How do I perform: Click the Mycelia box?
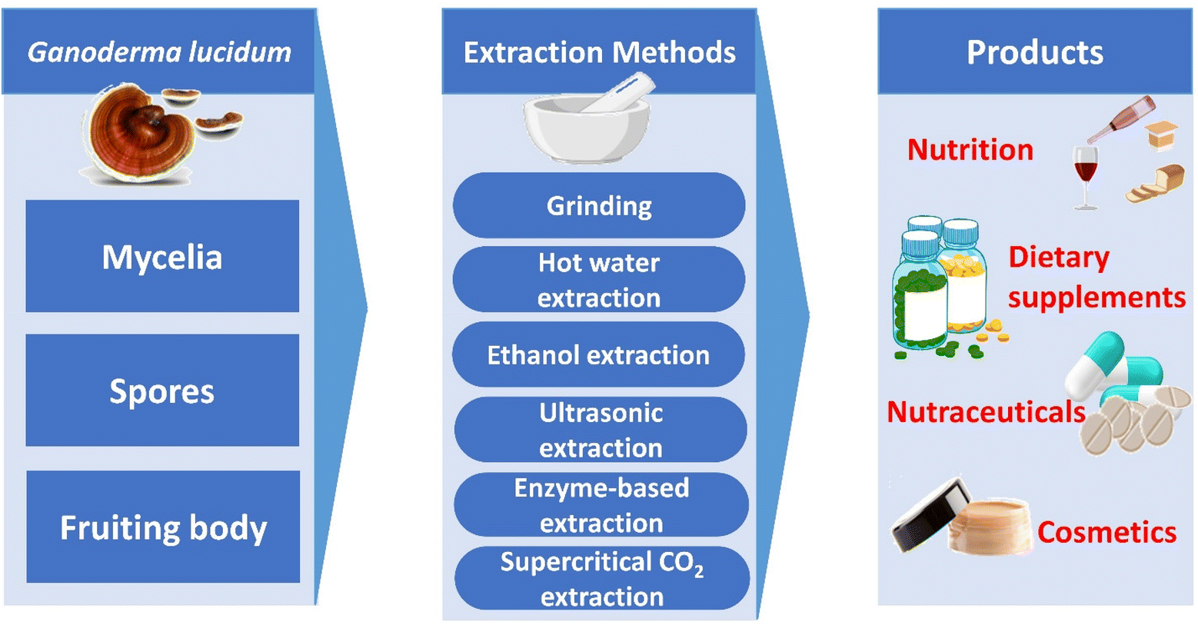pos(162,256)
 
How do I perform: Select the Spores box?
pos(162,391)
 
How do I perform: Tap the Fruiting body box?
pos(163,527)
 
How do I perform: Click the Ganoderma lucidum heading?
pos(159,52)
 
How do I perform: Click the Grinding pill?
pos(599,205)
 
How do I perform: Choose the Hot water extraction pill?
pos(599,280)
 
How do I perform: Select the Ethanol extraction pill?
pos(598,354)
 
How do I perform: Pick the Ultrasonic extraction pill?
pos(601,430)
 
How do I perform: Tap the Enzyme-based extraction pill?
pos(601,505)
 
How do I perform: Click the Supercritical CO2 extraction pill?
pos(602,579)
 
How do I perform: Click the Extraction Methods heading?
pos(599,52)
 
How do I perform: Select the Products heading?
pos(1034,52)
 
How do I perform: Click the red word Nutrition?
pos(970,149)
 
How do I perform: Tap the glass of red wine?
pos(1085,173)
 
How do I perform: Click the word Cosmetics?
pos(1106,532)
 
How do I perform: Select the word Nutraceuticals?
pos(986,412)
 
